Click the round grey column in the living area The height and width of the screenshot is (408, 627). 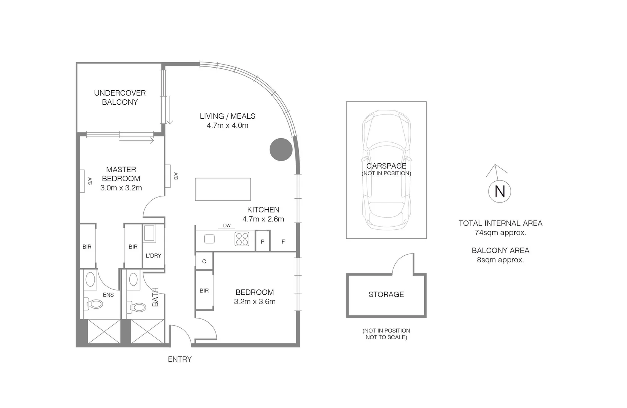point(281,150)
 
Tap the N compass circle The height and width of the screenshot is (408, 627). point(500,191)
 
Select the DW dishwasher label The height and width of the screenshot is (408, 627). point(227,226)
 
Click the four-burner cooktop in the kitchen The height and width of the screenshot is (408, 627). point(242,239)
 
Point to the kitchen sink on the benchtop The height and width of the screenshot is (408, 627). point(210,239)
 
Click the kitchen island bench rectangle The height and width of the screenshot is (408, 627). point(223,189)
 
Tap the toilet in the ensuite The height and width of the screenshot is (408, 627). point(94,304)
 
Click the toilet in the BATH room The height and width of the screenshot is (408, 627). point(138,307)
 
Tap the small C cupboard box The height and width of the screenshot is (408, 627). point(204,261)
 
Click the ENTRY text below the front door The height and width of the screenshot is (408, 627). point(180,359)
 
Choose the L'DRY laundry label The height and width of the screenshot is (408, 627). point(154,256)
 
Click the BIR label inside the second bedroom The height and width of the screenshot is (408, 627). point(204,291)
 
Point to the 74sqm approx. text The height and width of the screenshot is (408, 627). point(500,233)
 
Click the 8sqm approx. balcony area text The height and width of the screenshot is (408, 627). point(500,260)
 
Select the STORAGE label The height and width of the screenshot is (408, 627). point(386,294)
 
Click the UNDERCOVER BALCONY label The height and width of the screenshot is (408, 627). point(120,97)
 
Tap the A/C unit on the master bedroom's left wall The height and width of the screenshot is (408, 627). point(82,181)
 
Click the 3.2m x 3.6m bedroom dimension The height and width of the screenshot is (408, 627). point(255,301)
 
